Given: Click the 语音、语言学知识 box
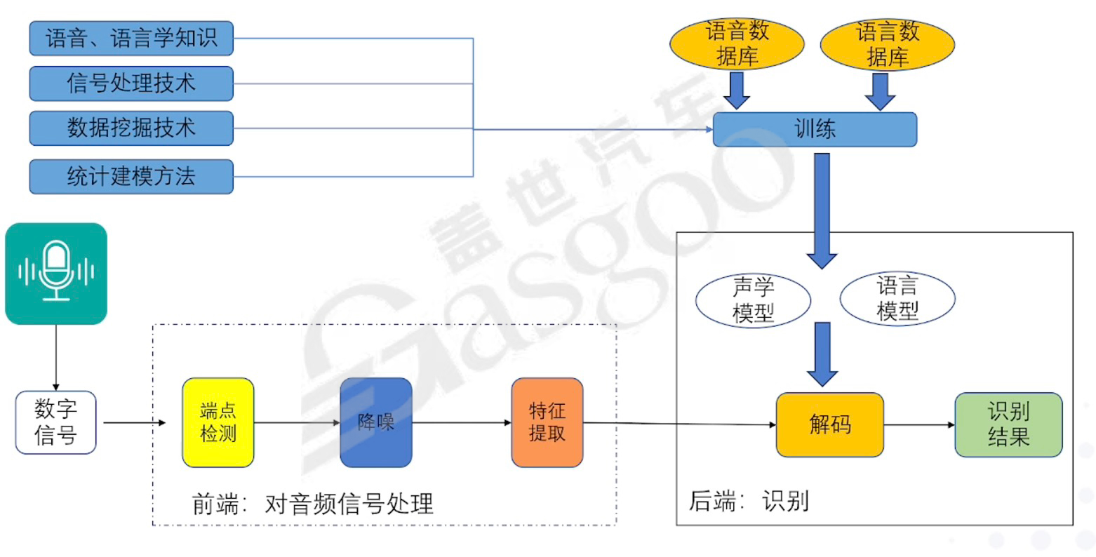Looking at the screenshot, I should [131, 38].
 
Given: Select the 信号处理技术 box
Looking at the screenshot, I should [131, 83].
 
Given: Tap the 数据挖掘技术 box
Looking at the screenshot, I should [131, 128].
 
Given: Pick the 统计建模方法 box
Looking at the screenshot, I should [131, 176].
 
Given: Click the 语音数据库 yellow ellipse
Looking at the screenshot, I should [737, 43].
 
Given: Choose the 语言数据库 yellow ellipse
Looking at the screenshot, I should [887, 43].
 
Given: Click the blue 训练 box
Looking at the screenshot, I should [815, 130].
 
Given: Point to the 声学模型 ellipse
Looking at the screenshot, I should [753, 300].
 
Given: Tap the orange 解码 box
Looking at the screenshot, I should [829, 424].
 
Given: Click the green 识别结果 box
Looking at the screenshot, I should [1008, 424].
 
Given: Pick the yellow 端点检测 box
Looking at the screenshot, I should [218, 422].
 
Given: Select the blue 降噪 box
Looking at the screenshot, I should [376, 422].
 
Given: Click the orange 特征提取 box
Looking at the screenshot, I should [547, 422].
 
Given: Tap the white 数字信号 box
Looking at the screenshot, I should [56, 422].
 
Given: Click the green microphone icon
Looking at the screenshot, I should [56, 274].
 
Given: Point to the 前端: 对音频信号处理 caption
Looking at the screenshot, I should [313, 504].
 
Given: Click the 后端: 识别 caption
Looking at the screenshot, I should [749, 501].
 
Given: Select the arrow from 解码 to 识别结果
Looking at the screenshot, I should [919, 425].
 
